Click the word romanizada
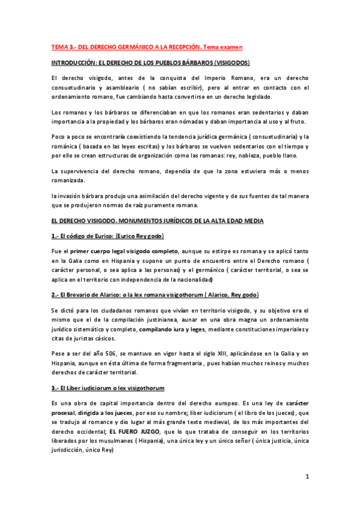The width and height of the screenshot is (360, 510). (69, 181)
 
